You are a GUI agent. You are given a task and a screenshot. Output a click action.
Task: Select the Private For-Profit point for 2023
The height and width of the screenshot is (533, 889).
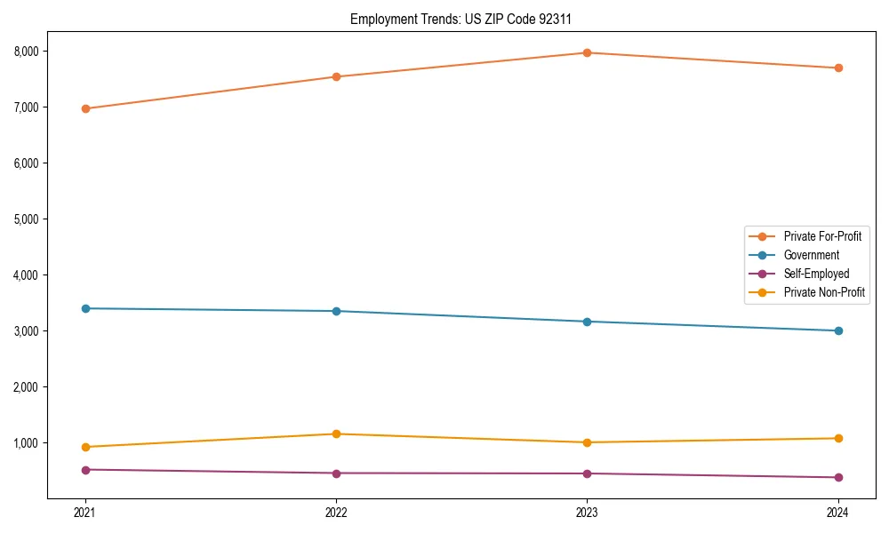(x=588, y=52)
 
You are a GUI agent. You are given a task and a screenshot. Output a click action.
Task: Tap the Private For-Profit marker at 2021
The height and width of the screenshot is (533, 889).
(x=85, y=108)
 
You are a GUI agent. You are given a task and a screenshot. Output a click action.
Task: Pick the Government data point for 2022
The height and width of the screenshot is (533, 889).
(x=336, y=311)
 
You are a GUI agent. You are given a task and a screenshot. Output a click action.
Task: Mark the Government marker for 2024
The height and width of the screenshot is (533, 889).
(x=838, y=330)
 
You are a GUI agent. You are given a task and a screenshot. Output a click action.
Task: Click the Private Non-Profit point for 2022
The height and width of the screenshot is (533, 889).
(x=336, y=434)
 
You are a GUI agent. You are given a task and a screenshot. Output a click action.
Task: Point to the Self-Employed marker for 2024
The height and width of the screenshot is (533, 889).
(x=838, y=477)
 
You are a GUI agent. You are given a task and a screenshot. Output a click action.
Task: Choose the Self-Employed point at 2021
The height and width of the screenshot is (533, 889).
(x=85, y=469)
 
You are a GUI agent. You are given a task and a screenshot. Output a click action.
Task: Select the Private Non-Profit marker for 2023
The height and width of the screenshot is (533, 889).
(x=588, y=442)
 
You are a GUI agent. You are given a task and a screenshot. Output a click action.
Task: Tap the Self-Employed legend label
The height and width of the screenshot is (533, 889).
(x=816, y=274)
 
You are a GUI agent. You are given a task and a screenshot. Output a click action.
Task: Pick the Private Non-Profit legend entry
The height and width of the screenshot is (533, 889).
(x=823, y=292)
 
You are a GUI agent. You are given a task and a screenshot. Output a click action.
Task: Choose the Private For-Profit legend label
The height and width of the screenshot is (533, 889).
(x=822, y=236)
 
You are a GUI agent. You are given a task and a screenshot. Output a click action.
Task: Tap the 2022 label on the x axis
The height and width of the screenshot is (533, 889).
(x=336, y=512)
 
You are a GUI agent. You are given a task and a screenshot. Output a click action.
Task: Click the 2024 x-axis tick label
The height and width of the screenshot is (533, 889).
(x=838, y=512)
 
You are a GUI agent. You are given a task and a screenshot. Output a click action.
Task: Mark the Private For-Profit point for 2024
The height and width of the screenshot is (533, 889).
(x=838, y=68)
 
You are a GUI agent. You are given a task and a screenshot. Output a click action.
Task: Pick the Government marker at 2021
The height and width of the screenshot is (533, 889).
(x=85, y=308)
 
